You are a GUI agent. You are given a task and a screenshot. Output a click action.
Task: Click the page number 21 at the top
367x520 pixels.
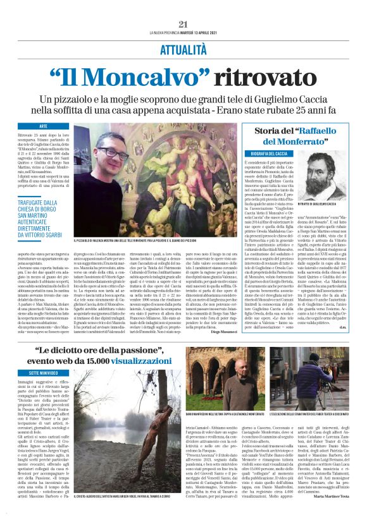pyautogui.click(x=183, y=24)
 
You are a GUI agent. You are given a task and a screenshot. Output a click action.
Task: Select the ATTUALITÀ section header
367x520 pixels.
pyautogui.click(x=183, y=48)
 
